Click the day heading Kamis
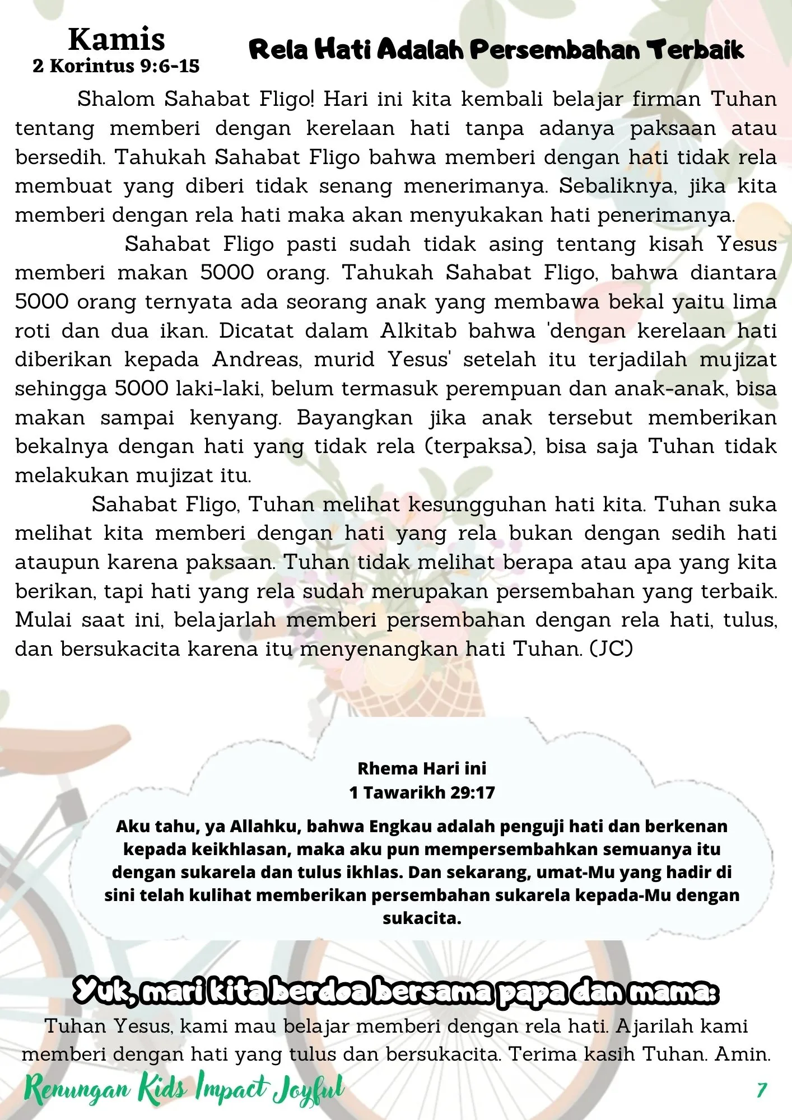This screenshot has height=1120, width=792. click(x=117, y=40)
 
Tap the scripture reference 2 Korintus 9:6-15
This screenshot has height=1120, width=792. click(x=116, y=66)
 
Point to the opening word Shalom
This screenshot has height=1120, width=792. click(x=115, y=99)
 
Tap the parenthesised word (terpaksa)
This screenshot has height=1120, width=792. click(x=478, y=446)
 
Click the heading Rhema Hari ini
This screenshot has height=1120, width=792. click(x=422, y=768)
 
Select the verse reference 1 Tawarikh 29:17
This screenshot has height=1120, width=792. click(x=422, y=792)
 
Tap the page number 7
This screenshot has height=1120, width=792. click(x=761, y=1090)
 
